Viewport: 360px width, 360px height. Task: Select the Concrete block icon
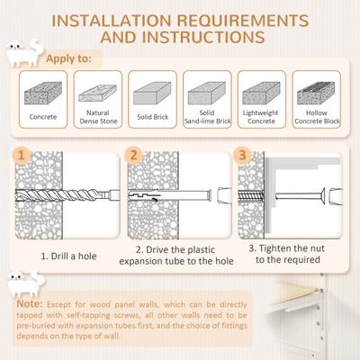click(42, 89)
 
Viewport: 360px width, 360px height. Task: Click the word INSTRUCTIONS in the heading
click(211, 38)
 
